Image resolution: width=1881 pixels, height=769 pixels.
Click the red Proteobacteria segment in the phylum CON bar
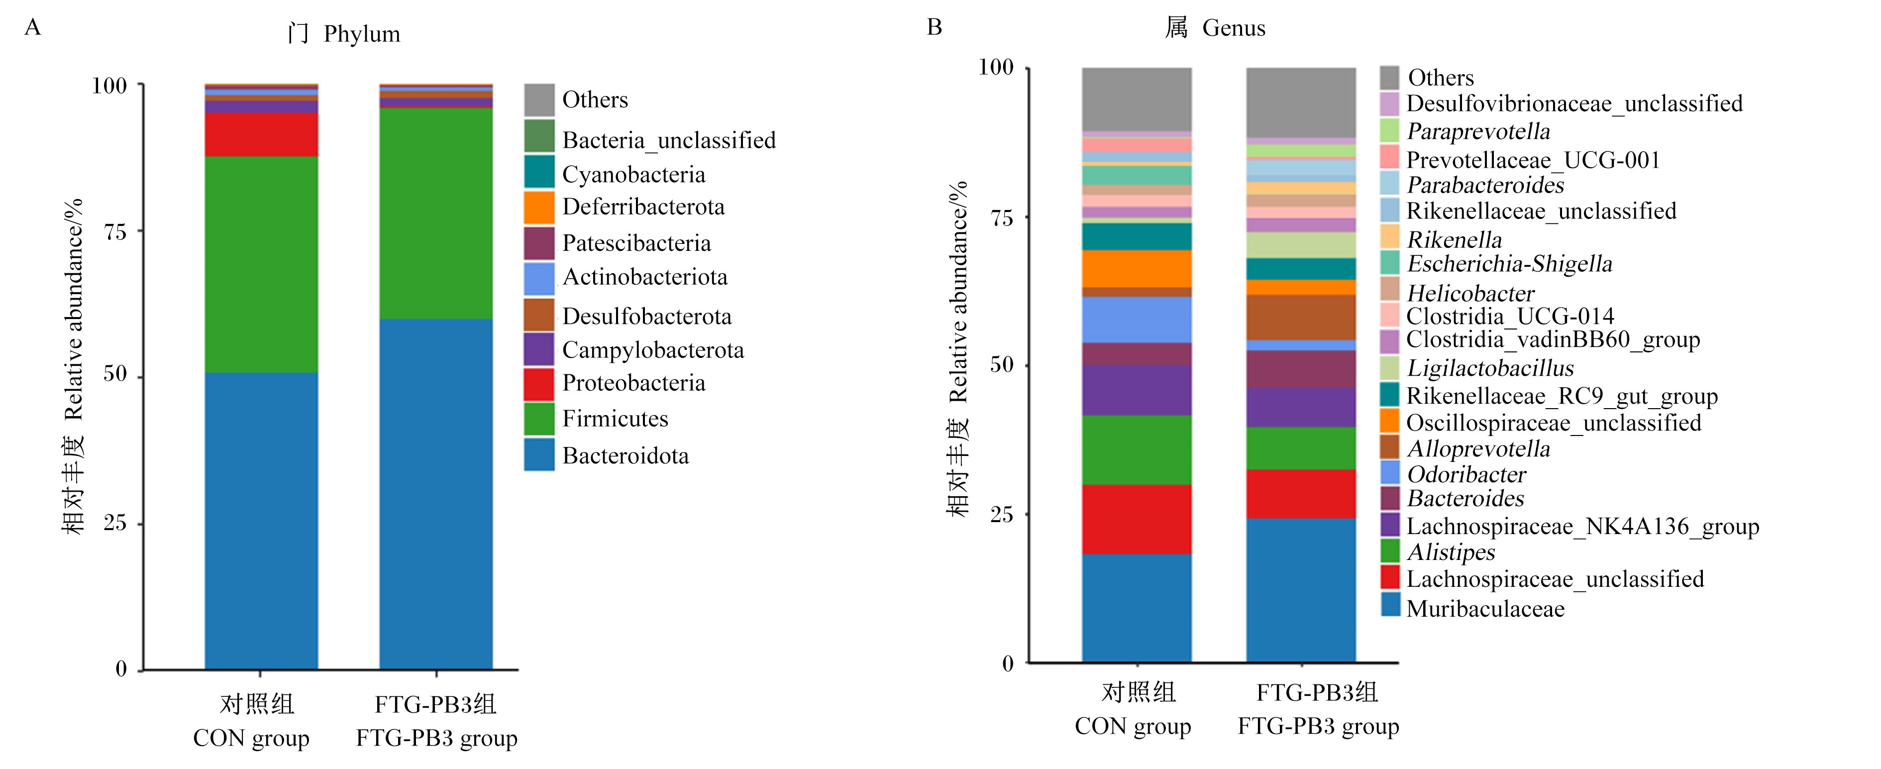click(261, 134)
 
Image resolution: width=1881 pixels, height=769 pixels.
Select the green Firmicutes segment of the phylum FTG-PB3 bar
click(436, 213)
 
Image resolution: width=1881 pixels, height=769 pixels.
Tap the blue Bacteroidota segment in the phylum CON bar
click(261, 521)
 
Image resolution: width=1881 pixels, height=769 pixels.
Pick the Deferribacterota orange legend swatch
click(539, 207)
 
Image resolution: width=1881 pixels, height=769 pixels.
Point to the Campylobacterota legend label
click(653, 350)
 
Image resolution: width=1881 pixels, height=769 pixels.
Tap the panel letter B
click(935, 27)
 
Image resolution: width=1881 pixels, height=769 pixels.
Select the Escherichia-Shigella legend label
click(1509, 264)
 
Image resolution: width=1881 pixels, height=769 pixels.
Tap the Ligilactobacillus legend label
click(1489, 368)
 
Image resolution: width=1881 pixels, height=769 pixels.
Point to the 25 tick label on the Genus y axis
click(1002, 515)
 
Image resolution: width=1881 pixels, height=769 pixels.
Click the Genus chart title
click(1215, 28)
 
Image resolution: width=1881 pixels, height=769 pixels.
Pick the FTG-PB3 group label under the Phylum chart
click(437, 738)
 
